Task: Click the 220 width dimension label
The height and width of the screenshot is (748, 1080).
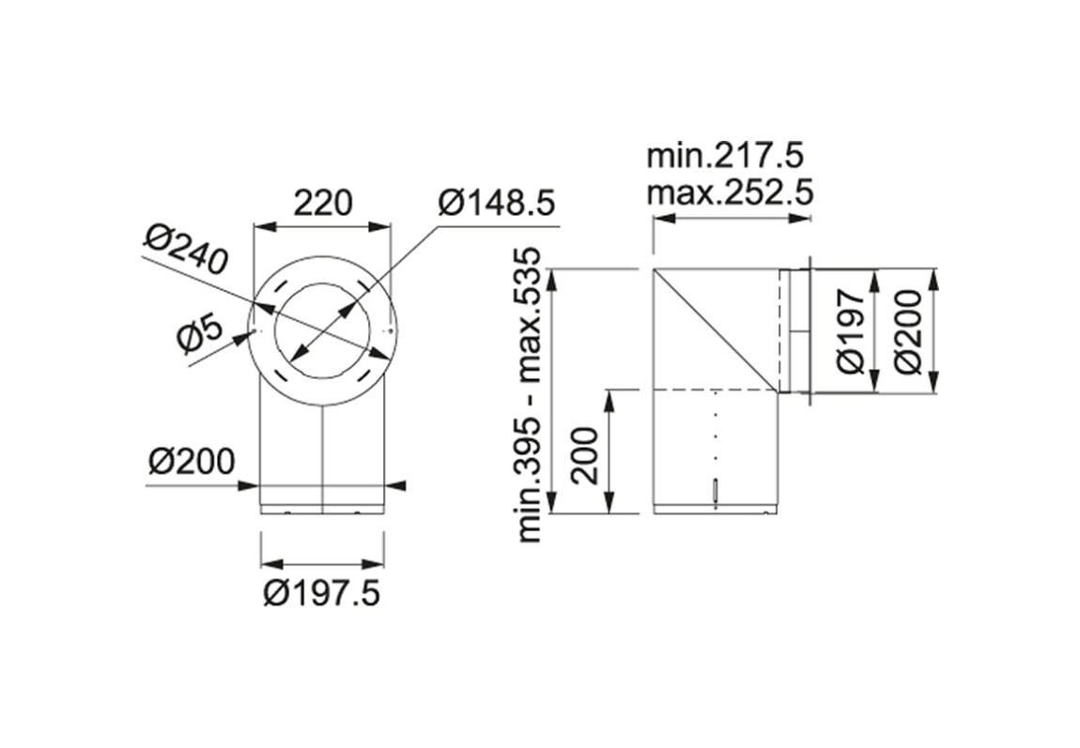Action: (323, 203)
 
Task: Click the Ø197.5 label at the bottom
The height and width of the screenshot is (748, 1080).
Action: (322, 593)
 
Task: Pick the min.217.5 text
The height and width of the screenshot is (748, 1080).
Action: (725, 156)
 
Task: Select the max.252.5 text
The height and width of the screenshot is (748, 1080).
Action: (730, 193)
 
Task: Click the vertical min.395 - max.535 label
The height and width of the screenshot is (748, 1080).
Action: (536, 395)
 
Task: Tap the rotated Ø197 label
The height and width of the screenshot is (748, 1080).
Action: (853, 331)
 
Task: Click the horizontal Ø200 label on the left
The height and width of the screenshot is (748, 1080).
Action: (192, 461)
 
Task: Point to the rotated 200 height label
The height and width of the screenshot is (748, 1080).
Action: (585, 456)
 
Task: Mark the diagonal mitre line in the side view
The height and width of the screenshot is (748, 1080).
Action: (717, 331)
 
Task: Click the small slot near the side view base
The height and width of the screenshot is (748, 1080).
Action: (717, 492)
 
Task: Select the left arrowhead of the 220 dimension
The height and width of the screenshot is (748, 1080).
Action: (264, 226)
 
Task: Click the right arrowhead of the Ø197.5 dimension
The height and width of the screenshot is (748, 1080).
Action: (376, 563)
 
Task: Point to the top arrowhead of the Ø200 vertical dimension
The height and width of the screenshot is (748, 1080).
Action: (934, 279)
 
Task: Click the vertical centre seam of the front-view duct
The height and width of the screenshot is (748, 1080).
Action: (323, 460)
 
